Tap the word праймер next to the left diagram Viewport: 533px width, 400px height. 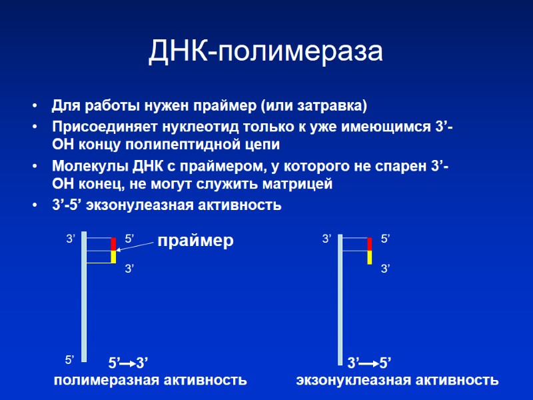195,241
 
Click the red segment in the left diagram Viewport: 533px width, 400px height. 113,243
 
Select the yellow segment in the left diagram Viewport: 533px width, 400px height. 113,257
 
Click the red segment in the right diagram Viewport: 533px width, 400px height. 369,243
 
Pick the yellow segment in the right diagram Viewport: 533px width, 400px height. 369,257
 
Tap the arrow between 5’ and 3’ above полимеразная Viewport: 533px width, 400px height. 128,364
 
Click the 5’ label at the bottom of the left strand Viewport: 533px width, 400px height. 69,360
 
